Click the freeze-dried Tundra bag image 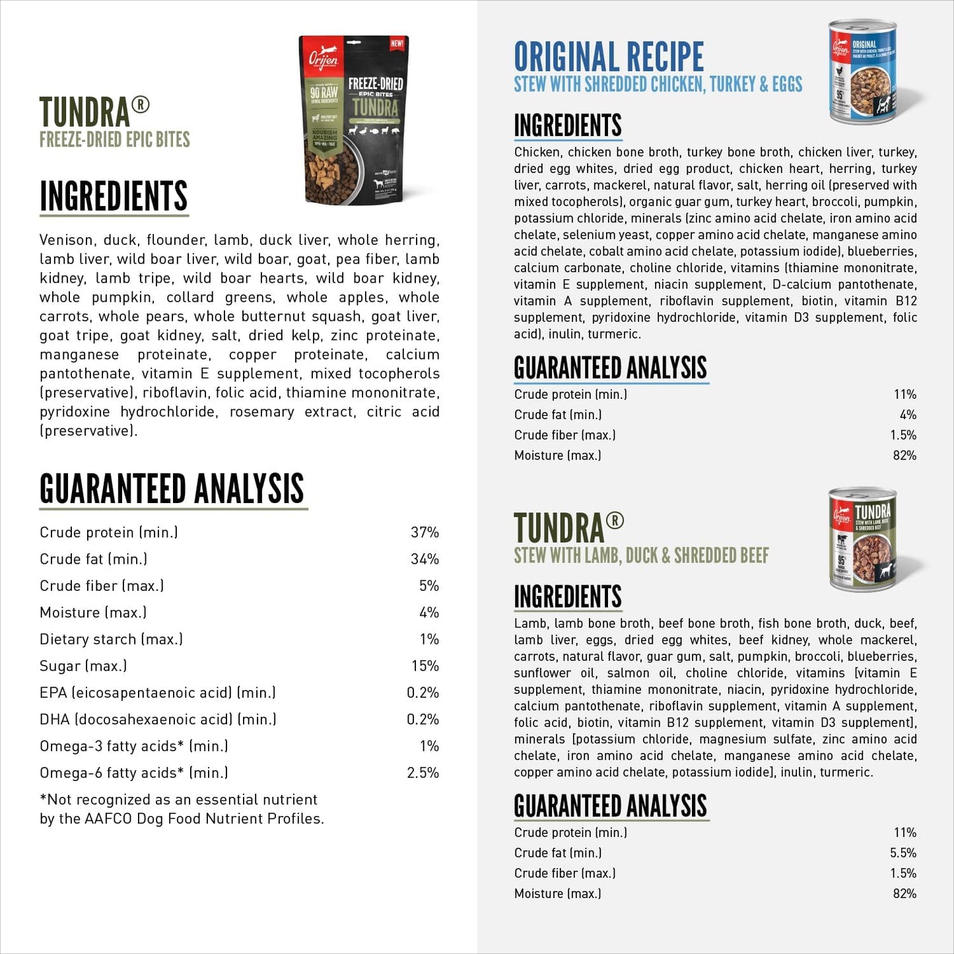(x=354, y=120)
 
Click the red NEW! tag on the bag (x=397, y=44)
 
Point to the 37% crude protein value (x=425, y=532)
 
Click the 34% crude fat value (x=425, y=559)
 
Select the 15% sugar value (x=425, y=665)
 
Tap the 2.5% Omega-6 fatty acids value (x=423, y=772)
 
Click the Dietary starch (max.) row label (x=111, y=639)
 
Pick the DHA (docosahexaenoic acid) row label (x=158, y=719)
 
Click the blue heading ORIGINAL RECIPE (x=609, y=57)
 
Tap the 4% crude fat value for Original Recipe (x=908, y=415)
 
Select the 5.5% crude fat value (x=903, y=853)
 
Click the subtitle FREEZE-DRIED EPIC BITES (x=115, y=140)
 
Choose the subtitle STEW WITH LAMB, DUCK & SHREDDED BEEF (x=641, y=556)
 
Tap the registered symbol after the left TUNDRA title (x=141, y=104)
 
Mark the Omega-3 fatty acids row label (x=133, y=746)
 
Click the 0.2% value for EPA (x=423, y=693)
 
